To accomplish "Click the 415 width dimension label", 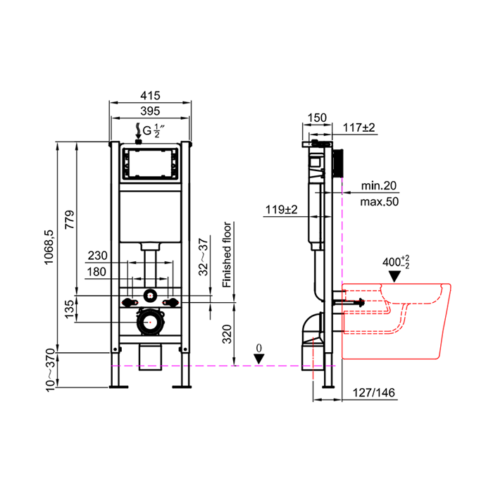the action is [x=150, y=95].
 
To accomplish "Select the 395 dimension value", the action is [x=150, y=111].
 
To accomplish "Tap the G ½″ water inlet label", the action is [x=154, y=130].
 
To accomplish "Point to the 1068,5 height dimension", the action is [x=49, y=246].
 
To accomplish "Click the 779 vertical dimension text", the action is [x=70, y=220].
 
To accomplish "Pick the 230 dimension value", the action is [x=97, y=256].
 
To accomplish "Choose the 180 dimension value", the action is [x=96, y=272].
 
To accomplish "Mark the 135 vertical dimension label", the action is [x=70, y=308].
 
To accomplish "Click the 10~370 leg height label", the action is [x=50, y=370].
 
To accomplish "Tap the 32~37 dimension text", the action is [x=204, y=257].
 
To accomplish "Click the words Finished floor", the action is [x=227, y=255].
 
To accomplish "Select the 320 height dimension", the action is [x=227, y=334].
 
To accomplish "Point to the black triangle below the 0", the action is [x=258, y=358].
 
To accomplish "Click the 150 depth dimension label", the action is [x=317, y=118].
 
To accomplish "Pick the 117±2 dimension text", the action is [x=358, y=127].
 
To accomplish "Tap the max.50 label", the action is [x=380, y=201].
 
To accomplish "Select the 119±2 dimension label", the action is [x=282, y=209].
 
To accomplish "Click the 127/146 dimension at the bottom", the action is [x=373, y=392].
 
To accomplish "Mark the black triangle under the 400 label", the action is [x=394, y=276].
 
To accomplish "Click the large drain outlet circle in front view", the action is [x=150, y=322].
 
